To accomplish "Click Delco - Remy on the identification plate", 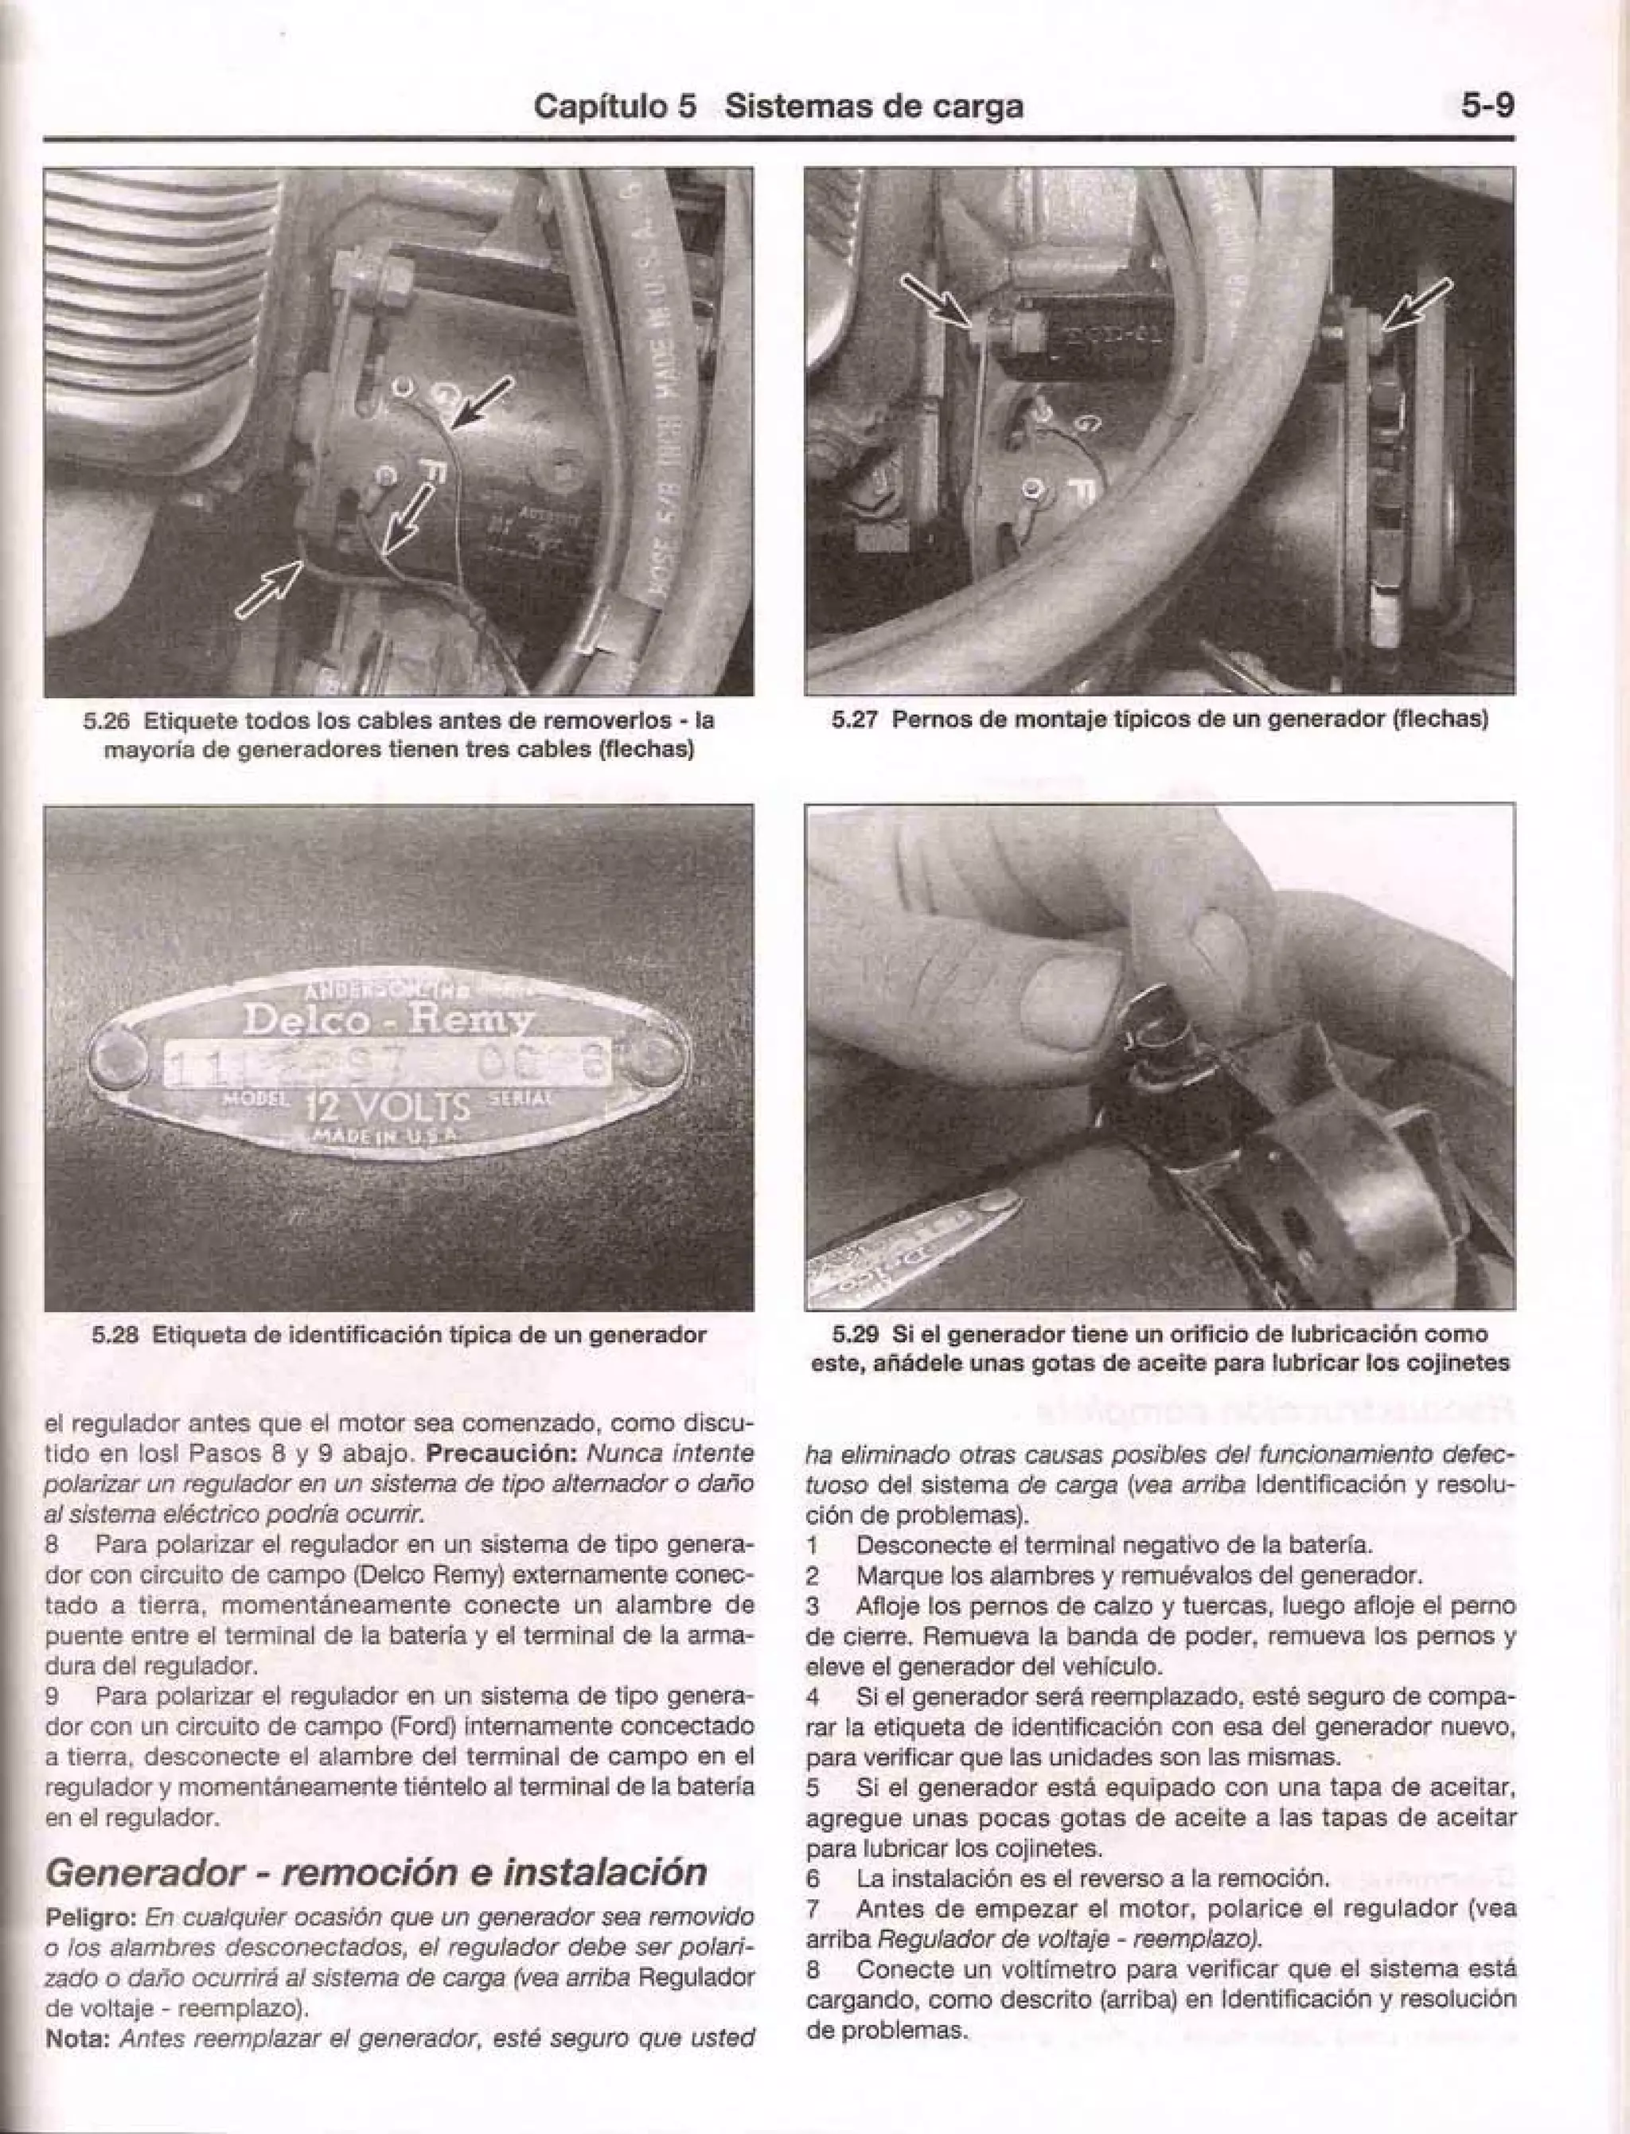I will click(x=386, y=1020).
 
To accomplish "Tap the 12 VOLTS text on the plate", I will click(x=388, y=1106).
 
